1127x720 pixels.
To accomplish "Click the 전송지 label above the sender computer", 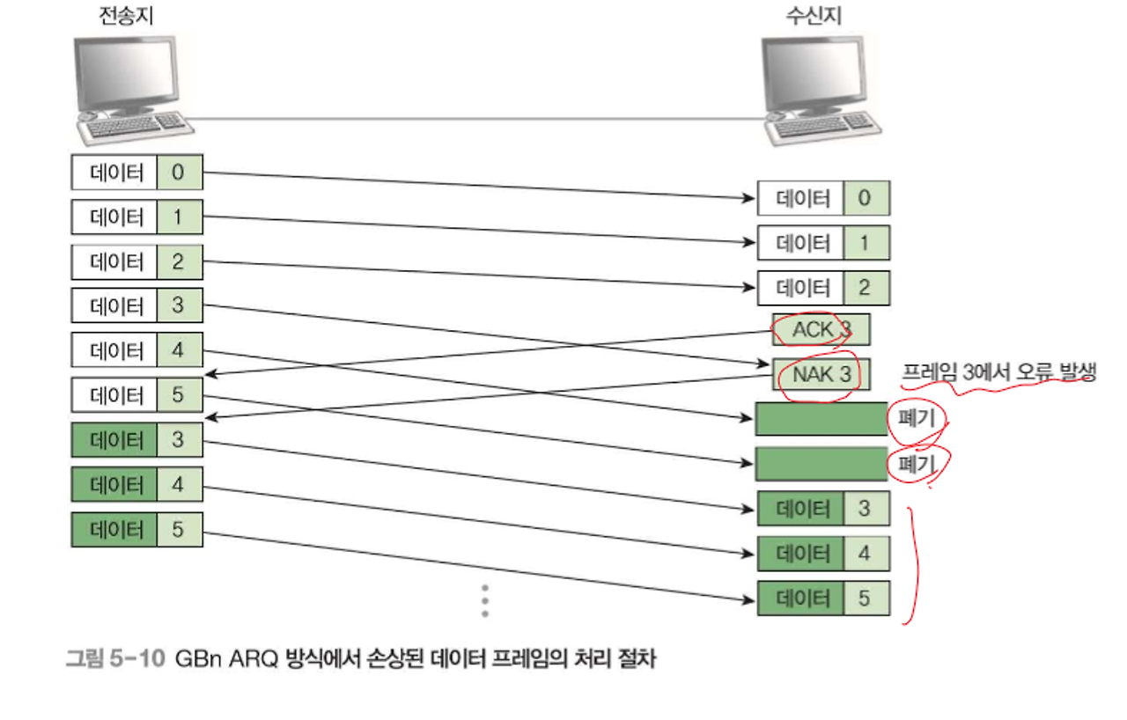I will coord(126,16).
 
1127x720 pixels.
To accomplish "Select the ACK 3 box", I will coord(821,330).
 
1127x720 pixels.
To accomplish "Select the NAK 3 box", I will coord(821,375).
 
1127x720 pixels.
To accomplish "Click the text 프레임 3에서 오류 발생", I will coord(998,372).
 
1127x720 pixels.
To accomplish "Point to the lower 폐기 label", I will coord(916,463).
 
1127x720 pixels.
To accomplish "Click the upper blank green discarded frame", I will coord(821,419).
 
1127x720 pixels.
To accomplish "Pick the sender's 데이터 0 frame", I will coord(136,173).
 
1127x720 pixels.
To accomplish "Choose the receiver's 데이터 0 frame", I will coord(823,198).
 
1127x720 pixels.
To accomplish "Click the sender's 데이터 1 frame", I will coord(136,217).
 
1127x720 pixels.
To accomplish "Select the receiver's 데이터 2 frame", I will coord(823,288).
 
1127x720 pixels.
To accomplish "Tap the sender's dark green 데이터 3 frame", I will coord(136,439).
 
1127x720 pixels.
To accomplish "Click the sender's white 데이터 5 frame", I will coord(136,395).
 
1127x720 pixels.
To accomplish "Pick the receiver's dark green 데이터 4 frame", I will coord(823,555).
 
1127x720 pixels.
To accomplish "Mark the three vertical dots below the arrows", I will coord(484,600).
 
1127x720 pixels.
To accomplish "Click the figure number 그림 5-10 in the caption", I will coord(114,658).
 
